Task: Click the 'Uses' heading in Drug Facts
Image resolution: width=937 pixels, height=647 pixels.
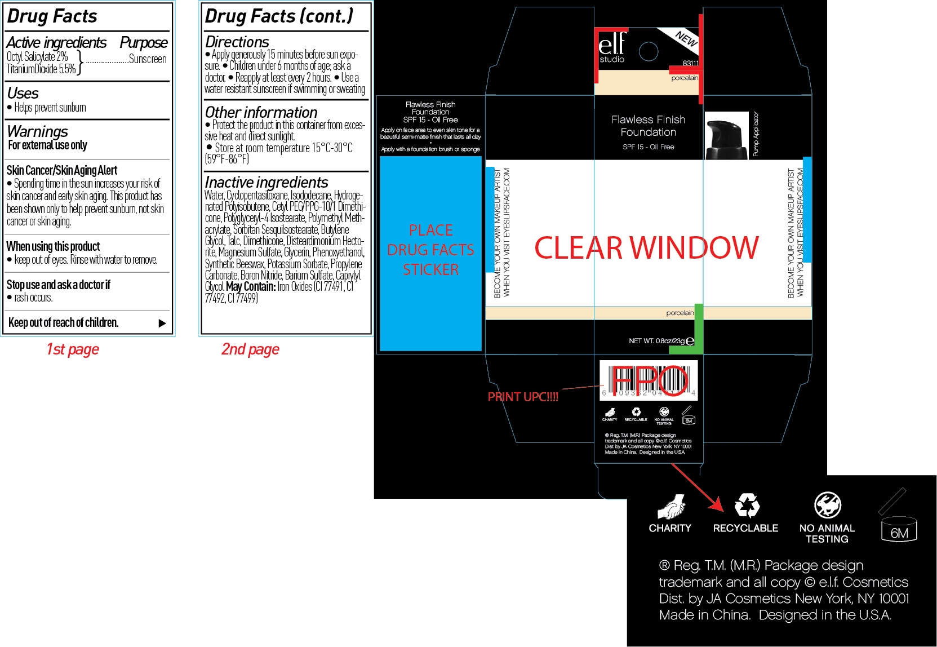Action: click(x=23, y=94)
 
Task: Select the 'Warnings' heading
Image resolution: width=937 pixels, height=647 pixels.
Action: click(x=38, y=132)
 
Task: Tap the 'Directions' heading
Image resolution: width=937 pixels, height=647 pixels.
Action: click(x=237, y=42)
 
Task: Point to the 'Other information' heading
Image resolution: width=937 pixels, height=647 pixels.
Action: click(x=261, y=112)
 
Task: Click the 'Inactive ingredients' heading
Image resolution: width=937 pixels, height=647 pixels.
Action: click(x=267, y=183)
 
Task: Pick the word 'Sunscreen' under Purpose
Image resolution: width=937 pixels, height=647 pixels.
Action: click(x=148, y=59)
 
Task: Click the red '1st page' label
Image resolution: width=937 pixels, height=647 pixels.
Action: click(x=73, y=349)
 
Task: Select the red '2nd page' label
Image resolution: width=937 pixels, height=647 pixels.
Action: click(x=250, y=349)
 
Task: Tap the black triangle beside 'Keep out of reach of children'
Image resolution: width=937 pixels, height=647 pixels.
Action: click(x=162, y=323)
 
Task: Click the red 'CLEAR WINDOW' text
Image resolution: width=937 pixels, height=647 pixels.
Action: click(x=646, y=248)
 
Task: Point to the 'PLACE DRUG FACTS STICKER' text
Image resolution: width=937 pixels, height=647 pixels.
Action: click(x=431, y=250)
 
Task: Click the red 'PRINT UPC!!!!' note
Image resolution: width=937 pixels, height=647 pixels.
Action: click(x=523, y=397)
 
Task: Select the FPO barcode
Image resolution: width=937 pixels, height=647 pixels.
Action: click(x=649, y=380)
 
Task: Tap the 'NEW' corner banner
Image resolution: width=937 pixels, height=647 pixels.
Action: click(x=686, y=38)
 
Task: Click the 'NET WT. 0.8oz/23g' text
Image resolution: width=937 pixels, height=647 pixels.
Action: click(x=657, y=341)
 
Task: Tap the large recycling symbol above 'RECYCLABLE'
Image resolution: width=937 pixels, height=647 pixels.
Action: click(x=747, y=506)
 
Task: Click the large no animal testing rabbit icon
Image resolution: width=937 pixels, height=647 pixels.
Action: click(x=827, y=505)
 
